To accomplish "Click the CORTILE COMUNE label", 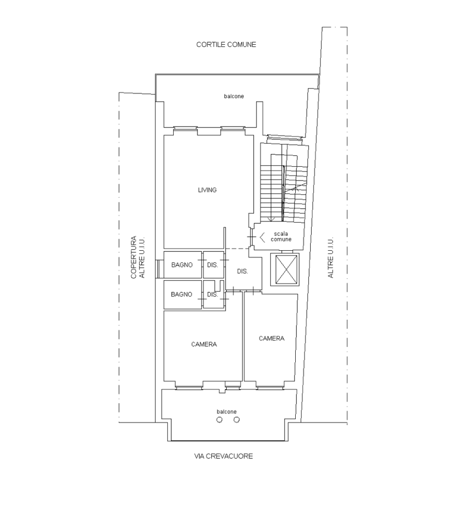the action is (x=226, y=45).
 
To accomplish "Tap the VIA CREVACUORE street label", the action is (x=223, y=456).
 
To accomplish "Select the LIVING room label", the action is (x=207, y=190).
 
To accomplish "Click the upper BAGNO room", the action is (x=182, y=265).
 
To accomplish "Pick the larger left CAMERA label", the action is (x=204, y=344).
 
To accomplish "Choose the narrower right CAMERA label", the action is (x=271, y=338).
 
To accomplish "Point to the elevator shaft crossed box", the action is (x=285, y=270).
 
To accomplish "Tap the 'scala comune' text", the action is (x=281, y=236).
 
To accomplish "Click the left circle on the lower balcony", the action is (x=220, y=420).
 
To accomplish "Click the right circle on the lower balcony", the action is (x=237, y=420).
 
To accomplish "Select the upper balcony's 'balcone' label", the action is (x=234, y=96).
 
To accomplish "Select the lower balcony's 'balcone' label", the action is (x=227, y=412).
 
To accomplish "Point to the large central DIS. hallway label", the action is (x=242, y=271).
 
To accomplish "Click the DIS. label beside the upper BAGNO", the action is (x=212, y=265).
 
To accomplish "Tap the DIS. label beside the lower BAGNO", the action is (x=212, y=294).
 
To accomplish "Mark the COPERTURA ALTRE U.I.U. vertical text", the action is (x=138, y=257).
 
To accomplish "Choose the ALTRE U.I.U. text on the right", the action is (x=331, y=257).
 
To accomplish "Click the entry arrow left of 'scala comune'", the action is (x=262, y=237).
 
